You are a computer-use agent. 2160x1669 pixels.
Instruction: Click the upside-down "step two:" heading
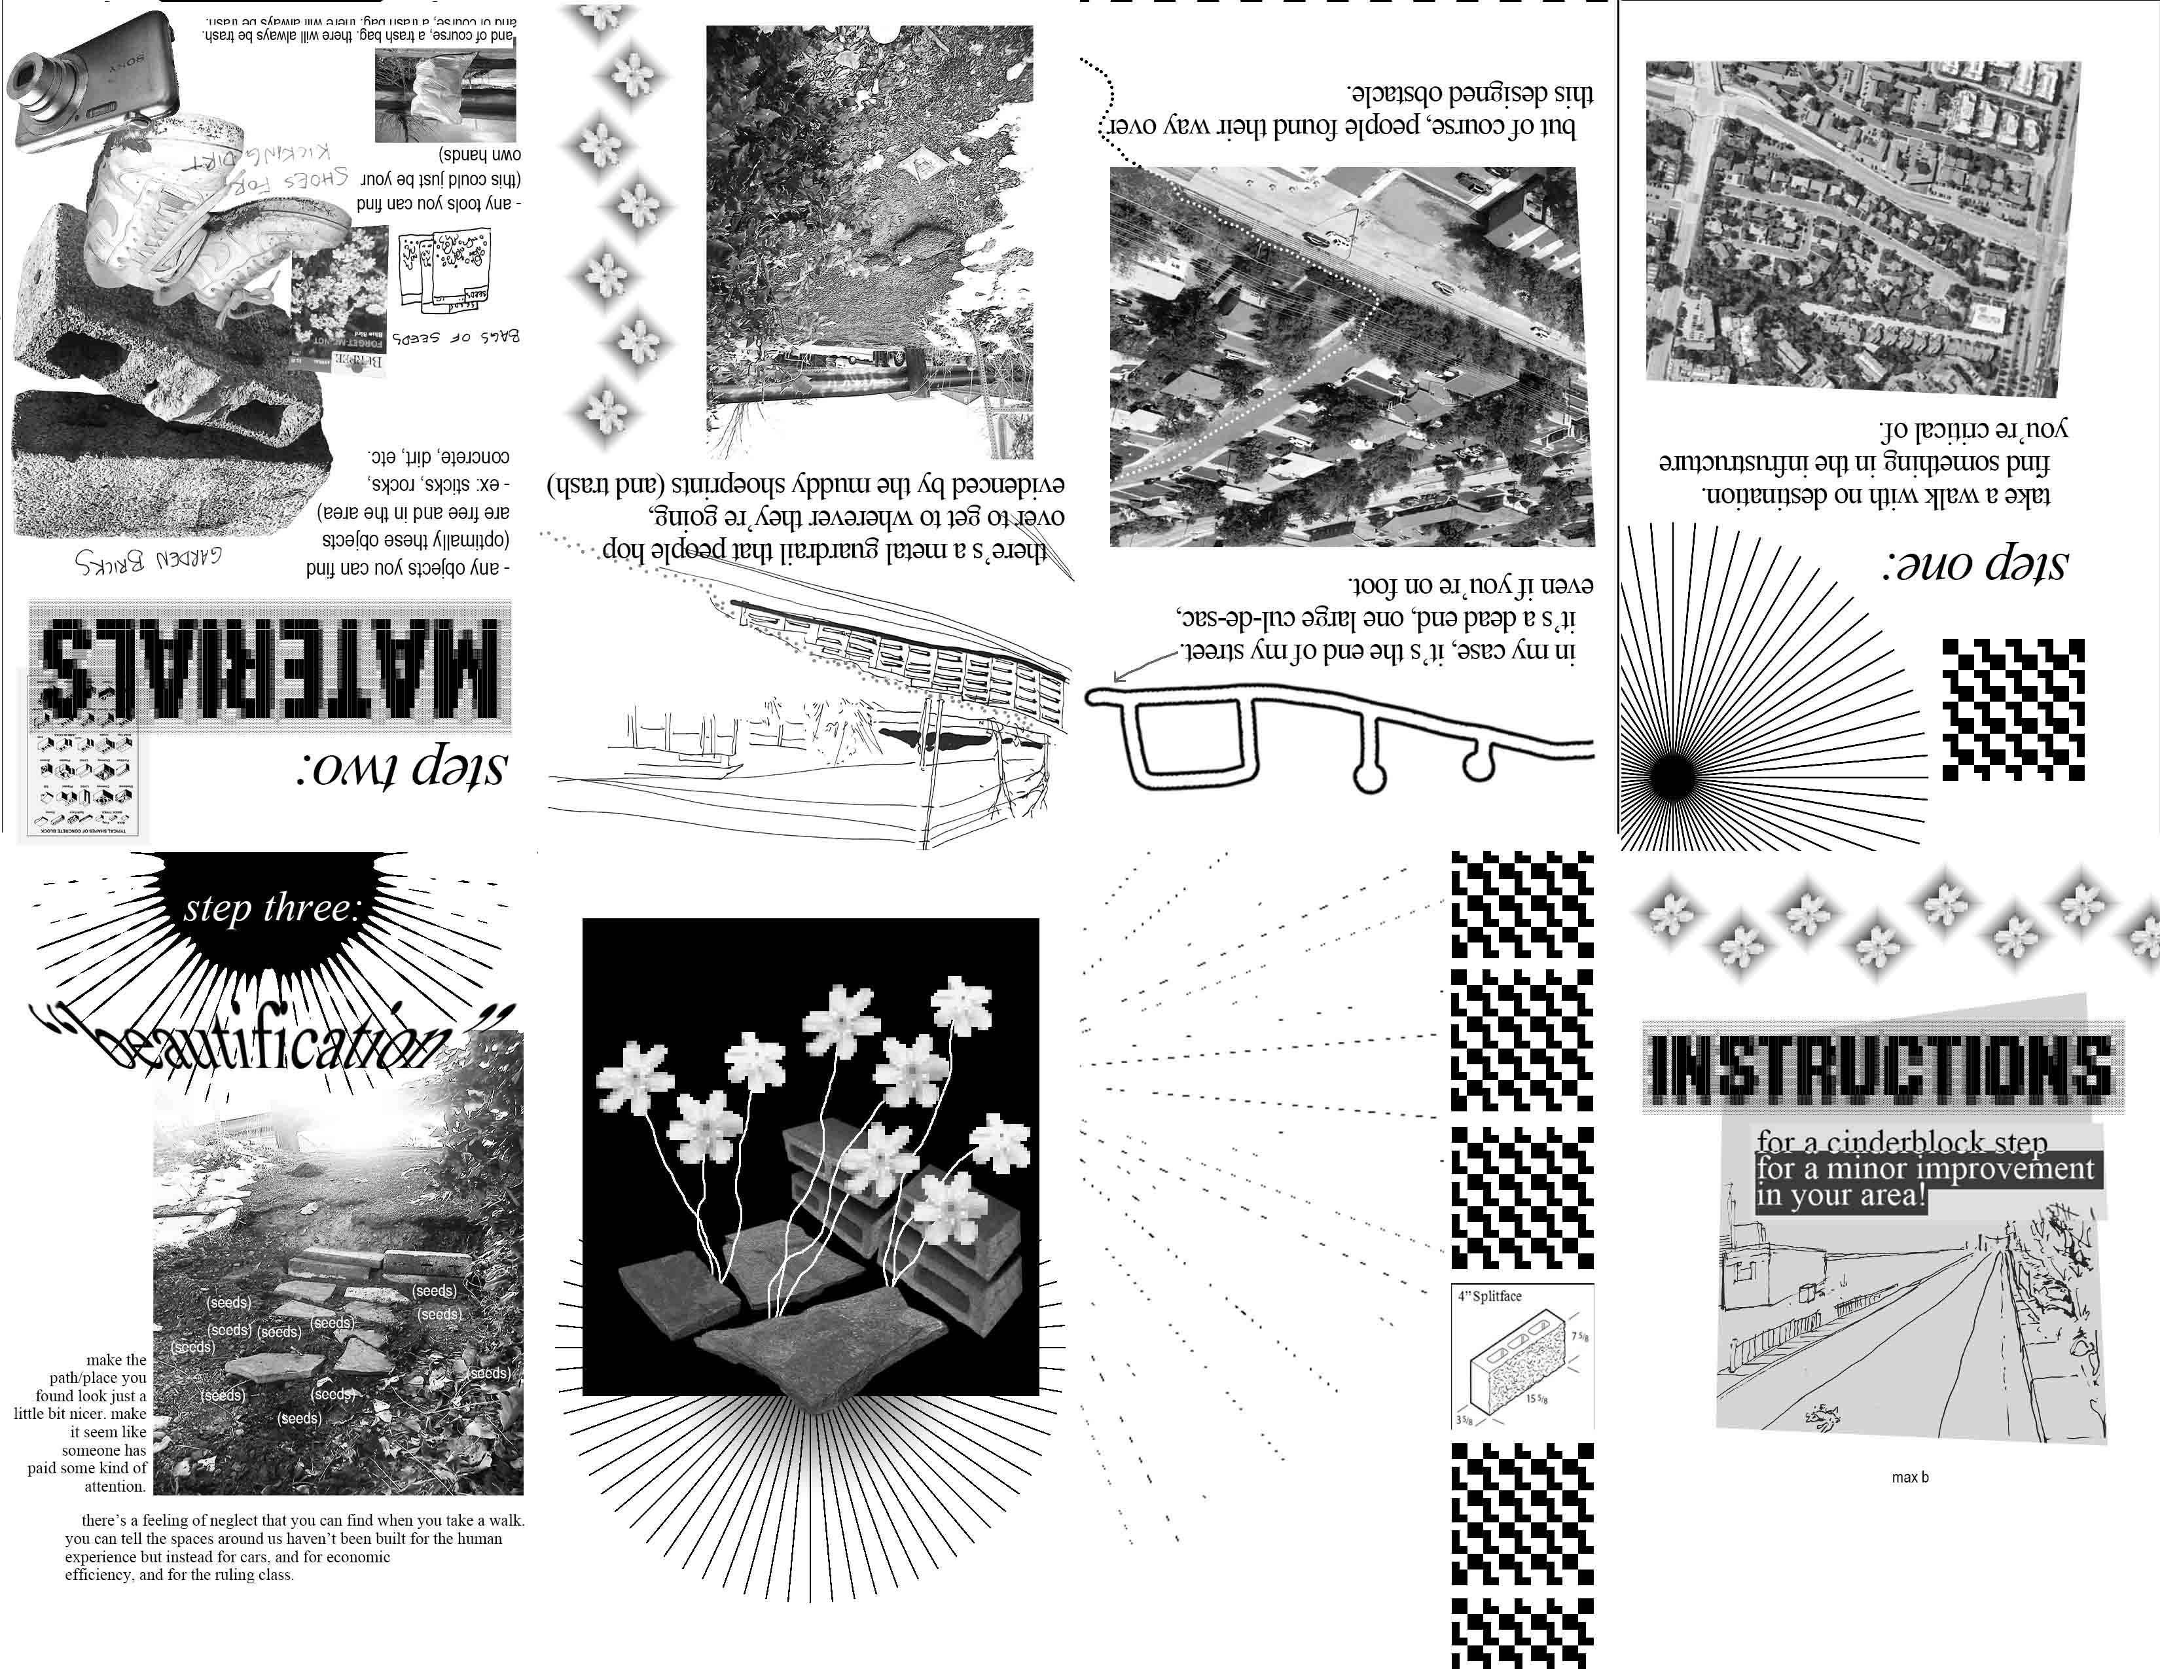click(x=401, y=767)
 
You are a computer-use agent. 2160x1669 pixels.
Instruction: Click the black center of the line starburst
click(x=1670, y=777)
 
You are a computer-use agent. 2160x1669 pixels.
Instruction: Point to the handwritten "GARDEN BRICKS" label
click(x=149, y=561)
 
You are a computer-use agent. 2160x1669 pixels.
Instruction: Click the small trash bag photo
click(x=445, y=95)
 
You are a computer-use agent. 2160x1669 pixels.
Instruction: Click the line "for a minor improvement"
click(x=1924, y=1169)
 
